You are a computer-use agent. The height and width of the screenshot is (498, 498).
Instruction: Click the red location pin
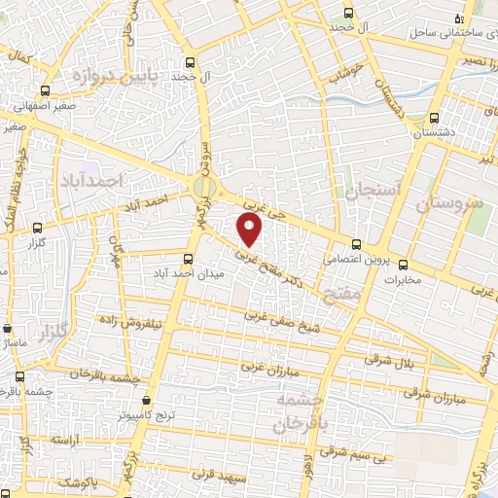[x=251, y=230]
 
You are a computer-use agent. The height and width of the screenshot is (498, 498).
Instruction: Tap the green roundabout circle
[x=205, y=187]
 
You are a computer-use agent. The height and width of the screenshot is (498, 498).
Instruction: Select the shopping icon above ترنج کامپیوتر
[x=147, y=400]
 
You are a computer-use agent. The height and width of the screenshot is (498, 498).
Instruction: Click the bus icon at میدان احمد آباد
[x=189, y=259]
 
